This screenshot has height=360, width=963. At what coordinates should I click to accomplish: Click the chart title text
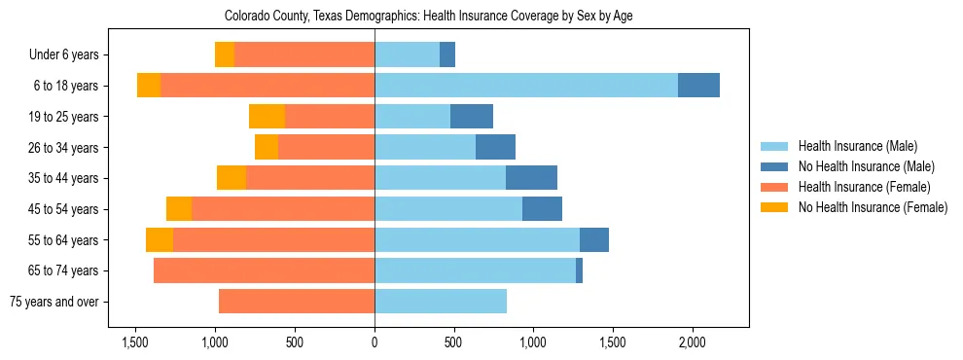[429, 17]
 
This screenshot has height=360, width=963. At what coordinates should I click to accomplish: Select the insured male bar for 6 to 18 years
[526, 86]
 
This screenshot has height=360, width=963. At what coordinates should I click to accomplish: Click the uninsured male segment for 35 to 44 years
[531, 178]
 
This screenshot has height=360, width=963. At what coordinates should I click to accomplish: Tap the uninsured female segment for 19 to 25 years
[267, 117]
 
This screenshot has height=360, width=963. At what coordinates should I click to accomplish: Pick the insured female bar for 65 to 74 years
[264, 270]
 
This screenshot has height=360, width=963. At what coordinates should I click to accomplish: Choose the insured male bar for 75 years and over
[441, 302]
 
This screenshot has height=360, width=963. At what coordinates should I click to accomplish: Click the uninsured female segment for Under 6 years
[225, 54]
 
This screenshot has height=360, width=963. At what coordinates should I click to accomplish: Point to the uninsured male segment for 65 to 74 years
[579, 270]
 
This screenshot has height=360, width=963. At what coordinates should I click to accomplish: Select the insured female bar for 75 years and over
[297, 302]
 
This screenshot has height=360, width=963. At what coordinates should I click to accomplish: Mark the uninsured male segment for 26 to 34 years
[495, 147]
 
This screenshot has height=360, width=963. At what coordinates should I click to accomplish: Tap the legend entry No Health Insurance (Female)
[873, 207]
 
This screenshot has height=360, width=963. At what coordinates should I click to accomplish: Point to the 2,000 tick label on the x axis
[692, 342]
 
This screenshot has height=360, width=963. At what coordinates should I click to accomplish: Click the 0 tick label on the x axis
[374, 342]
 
